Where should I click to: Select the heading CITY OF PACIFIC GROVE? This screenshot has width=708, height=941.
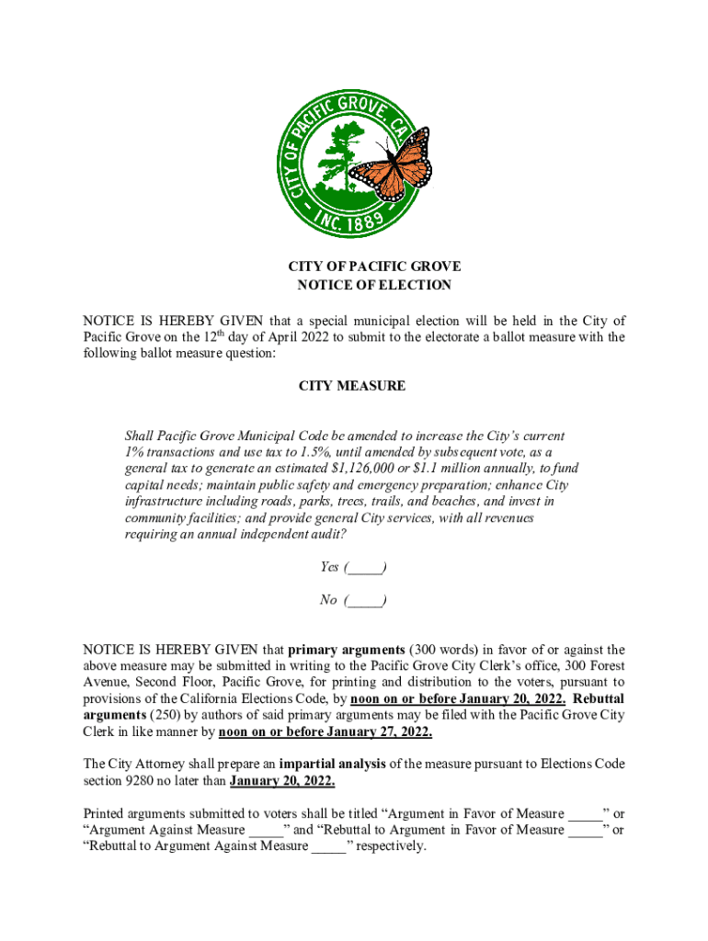[x=374, y=266]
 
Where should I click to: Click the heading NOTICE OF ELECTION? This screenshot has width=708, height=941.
[x=374, y=285]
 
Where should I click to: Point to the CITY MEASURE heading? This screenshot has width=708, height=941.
[x=351, y=386]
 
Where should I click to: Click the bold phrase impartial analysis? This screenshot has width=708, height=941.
[x=339, y=764]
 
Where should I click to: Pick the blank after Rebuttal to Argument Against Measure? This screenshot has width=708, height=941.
[x=328, y=846]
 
